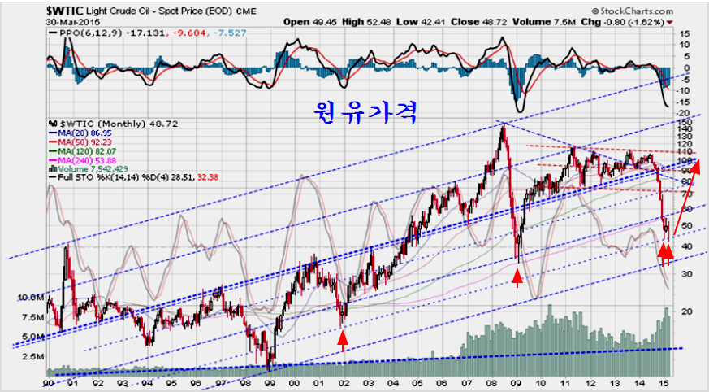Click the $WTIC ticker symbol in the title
pos(24,11)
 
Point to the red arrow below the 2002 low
pos(343,342)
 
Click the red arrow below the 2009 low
pos(517,278)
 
